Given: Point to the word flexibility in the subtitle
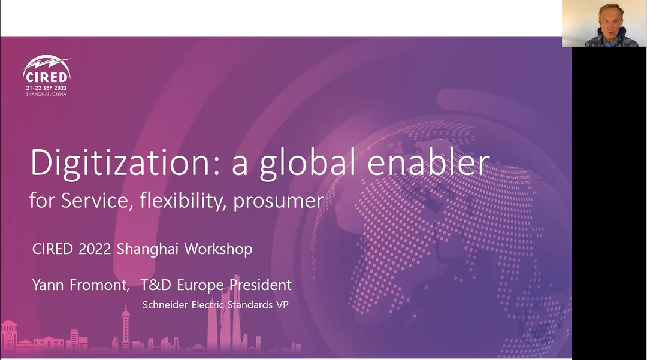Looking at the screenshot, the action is (183, 201).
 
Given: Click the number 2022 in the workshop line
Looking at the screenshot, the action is (95, 249).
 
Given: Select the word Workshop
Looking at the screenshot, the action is (218, 249).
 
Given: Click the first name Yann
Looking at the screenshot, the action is (48, 285).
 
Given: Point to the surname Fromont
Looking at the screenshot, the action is (99, 285).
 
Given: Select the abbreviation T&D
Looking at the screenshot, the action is (156, 285).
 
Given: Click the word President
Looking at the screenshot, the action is (261, 285).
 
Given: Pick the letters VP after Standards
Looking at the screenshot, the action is (282, 305).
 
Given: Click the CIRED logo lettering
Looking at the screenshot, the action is (46, 77).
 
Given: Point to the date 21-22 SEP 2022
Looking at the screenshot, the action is (46, 88).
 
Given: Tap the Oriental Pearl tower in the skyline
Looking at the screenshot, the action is (125, 328).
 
